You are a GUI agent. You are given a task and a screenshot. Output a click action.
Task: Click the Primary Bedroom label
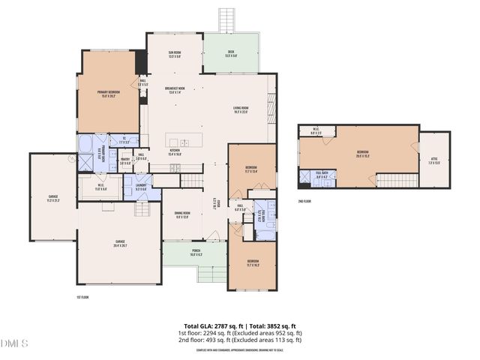(x=109, y=93)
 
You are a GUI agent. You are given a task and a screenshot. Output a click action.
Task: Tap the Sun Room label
(x=174, y=54)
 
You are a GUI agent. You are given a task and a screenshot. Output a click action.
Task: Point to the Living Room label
(x=240, y=110)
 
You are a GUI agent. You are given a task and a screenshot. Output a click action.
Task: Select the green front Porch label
(x=195, y=253)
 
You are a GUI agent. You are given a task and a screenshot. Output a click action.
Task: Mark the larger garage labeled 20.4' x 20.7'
(x=118, y=243)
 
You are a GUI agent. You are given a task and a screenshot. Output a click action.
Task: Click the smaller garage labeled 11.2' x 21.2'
(x=52, y=199)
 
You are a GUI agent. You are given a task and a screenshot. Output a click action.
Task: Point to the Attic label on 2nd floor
(x=434, y=160)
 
